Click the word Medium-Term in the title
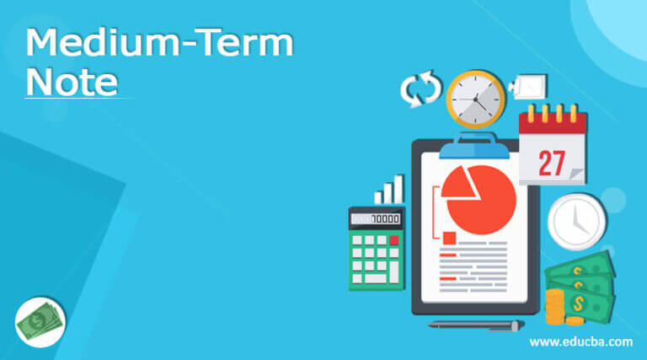[159, 42]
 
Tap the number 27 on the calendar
[552, 161]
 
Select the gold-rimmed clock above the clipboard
[475, 99]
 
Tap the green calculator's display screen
[376, 219]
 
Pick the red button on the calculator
[393, 239]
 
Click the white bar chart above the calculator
[389, 190]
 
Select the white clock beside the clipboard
[576, 222]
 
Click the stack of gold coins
[555, 307]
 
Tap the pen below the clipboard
[476, 325]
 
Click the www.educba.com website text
[581, 341]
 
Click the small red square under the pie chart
[448, 238]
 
